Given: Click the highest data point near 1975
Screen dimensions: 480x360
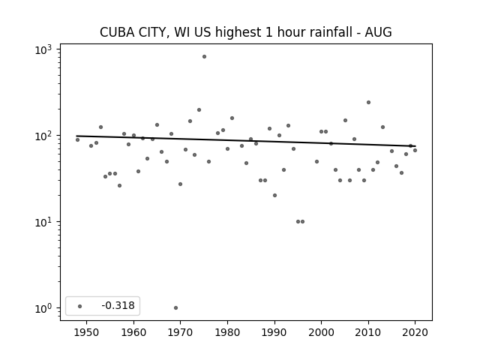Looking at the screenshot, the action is tap(204, 57).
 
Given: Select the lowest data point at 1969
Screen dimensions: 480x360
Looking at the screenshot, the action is tap(175, 308).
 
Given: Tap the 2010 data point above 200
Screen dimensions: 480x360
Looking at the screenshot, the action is tap(368, 103).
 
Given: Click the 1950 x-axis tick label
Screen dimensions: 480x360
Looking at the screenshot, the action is tap(87, 332).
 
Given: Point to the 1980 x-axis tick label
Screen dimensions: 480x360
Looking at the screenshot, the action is tap(227, 332).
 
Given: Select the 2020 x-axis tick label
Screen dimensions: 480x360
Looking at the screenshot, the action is tap(415, 332).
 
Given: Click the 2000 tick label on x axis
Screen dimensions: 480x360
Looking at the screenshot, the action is tap(322, 332).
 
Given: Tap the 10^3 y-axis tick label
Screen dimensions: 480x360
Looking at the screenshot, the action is tap(43, 50).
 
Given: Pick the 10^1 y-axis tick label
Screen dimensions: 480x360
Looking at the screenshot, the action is tap(43, 223).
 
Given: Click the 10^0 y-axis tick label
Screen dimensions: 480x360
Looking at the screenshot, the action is tap(43, 309).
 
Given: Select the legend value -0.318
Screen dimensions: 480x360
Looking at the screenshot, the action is tap(118, 305).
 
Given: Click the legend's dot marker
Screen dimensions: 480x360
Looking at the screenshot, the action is tap(80, 306).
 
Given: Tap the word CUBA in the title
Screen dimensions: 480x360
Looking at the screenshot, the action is tap(117, 32).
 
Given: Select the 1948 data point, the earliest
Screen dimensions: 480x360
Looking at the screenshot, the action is tap(77, 140).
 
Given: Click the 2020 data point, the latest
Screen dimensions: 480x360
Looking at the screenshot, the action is tap(415, 150).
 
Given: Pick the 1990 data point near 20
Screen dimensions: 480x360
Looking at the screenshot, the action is tap(275, 195).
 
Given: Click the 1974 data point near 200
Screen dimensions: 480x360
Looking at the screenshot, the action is tap(199, 110).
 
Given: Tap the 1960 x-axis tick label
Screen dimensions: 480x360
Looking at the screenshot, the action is tap(133, 332).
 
